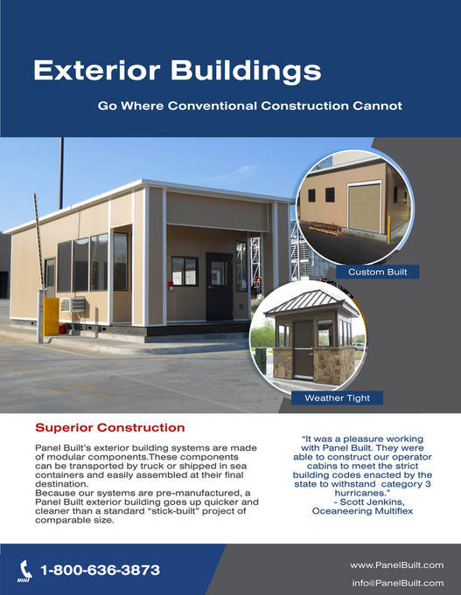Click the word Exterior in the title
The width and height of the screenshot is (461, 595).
[x=97, y=71]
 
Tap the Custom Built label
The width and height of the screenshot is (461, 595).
[x=377, y=272]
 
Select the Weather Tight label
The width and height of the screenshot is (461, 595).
[x=337, y=398]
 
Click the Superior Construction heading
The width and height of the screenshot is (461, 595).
[x=110, y=427]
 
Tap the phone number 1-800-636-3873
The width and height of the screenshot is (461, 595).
[x=101, y=570]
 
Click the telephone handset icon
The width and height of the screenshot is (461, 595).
[x=25, y=571]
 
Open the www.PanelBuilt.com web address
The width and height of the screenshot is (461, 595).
[x=397, y=565]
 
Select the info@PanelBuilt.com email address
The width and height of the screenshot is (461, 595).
[x=397, y=583]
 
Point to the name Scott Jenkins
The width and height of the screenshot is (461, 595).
[x=372, y=502]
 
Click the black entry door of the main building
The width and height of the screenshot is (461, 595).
[x=220, y=287]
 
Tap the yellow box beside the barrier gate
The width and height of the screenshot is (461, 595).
[x=51, y=316]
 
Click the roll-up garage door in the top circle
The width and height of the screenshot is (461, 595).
[x=365, y=207]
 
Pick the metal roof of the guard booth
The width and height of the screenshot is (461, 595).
[x=311, y=302]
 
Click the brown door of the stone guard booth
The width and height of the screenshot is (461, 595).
[x=303, y=349]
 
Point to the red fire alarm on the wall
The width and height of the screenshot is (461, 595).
[x=171, y=286]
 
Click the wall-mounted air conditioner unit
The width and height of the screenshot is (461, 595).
[x=73, y=305]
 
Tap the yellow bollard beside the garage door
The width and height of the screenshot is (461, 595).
[x=388, y=230]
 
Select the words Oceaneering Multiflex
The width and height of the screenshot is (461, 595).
[x=362, y=511]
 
